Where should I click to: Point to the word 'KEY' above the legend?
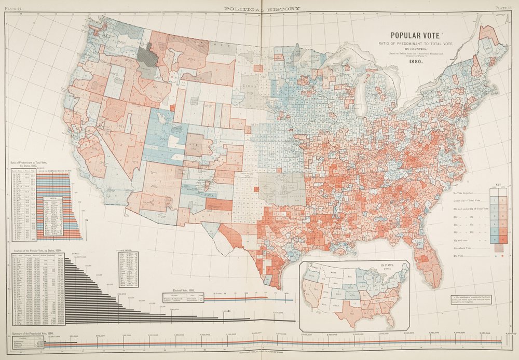499,184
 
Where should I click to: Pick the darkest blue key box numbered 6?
495,240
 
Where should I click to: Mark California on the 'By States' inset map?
311,296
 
